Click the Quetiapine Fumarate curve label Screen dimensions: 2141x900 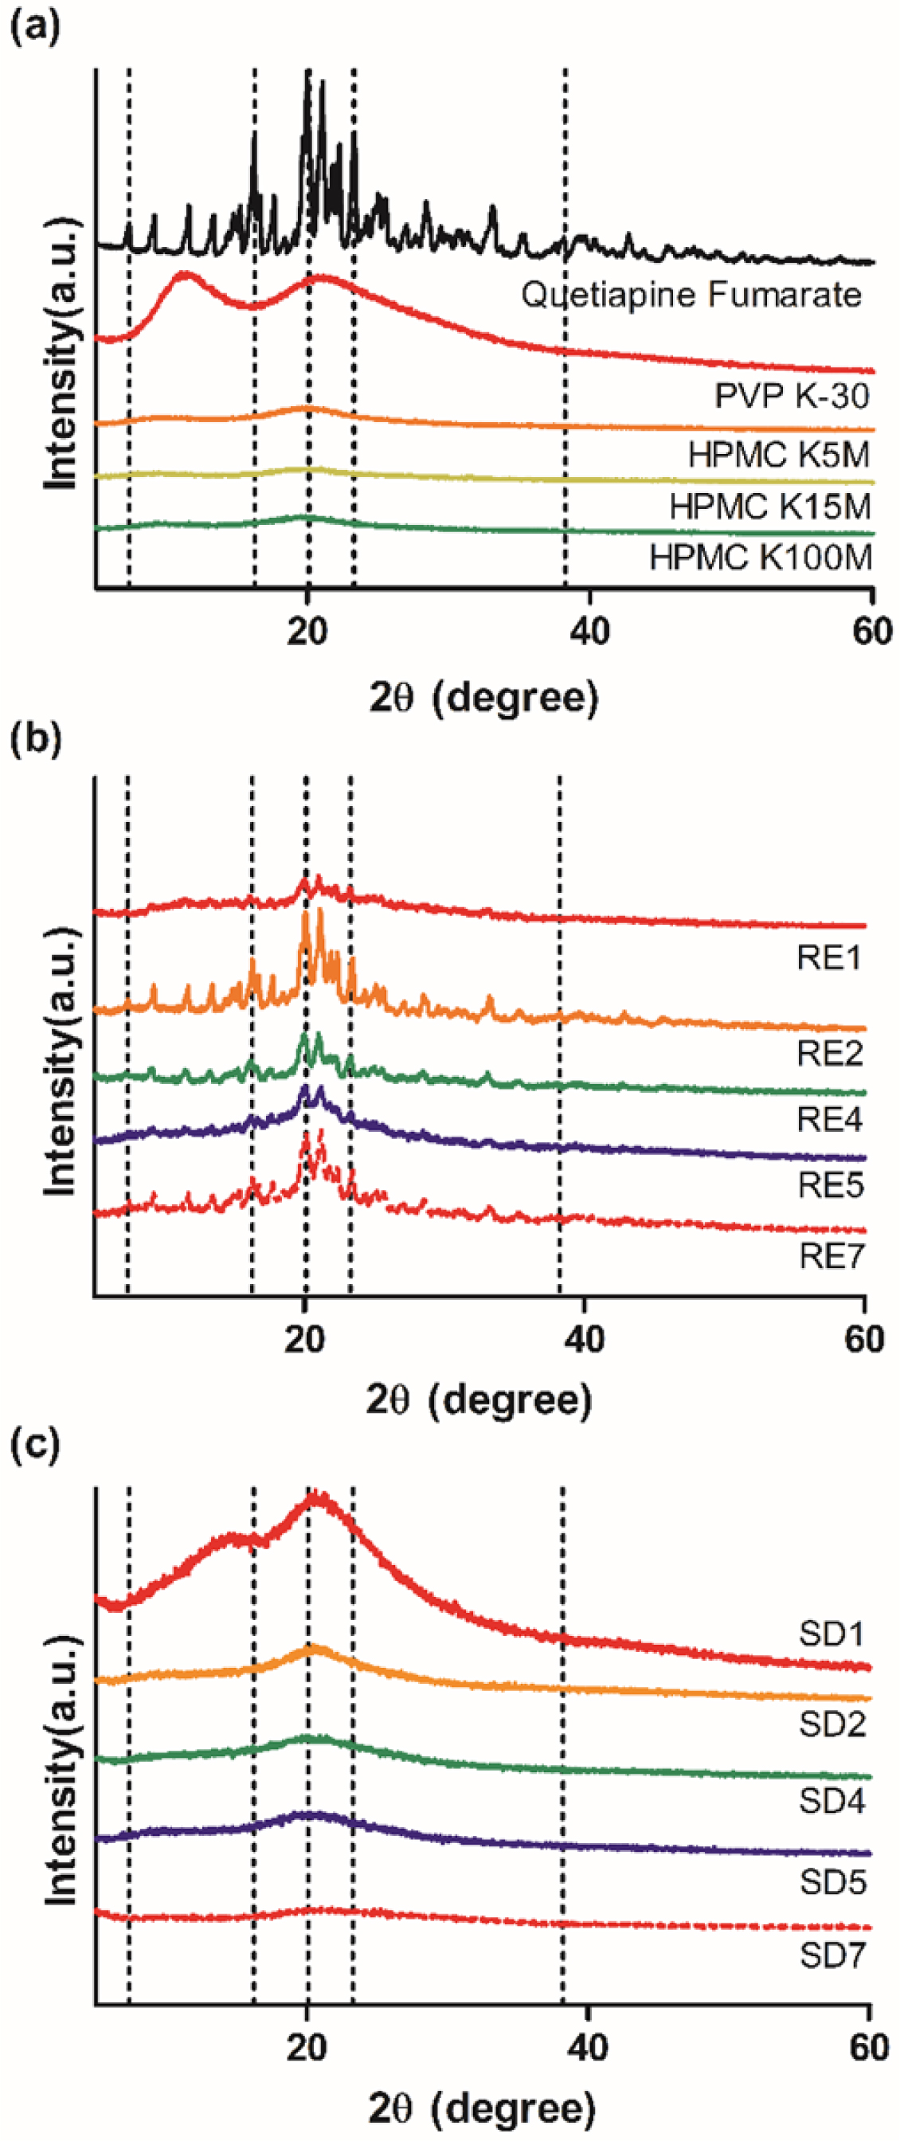pos(691,295)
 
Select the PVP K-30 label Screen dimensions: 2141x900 pos(792,396)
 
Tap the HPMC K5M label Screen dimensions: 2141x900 pos(779,455)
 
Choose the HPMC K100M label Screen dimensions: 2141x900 pos(761,557)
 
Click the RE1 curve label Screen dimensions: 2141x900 pos(829,957)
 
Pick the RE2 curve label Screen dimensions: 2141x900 pos(829,1053)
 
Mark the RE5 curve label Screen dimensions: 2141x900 pos(830,1184)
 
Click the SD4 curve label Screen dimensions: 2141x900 pos(832,1800)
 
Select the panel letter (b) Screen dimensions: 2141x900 pos(34,738)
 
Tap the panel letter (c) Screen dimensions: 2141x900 pos(34,1446)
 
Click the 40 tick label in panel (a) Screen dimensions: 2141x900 pos(589,632)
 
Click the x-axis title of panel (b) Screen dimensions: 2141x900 pos(479,1400)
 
